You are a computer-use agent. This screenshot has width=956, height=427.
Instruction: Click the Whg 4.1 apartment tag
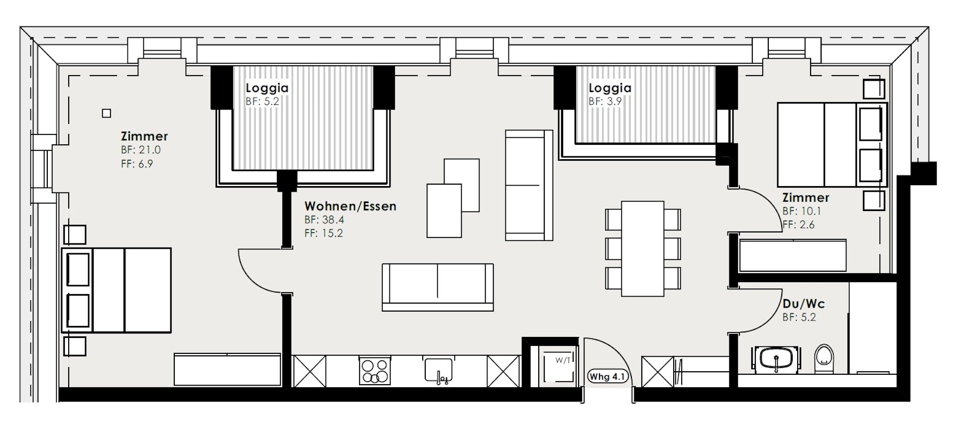tap(607, 376)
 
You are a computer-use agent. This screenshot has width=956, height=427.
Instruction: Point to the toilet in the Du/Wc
tap(824, 358)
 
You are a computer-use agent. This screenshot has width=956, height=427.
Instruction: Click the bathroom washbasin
tap(776, 359)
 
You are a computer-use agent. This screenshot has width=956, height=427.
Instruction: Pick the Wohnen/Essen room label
tap(350, 206)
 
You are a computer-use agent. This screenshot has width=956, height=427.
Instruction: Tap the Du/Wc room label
tap(804, 304)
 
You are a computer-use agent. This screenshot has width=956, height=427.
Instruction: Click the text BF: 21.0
tap(141, 150)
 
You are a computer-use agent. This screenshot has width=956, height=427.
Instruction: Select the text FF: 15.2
tap(324, 233)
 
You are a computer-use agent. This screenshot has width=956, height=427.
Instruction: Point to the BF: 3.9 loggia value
tap(605, 101)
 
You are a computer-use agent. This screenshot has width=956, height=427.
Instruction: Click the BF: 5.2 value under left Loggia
tap(262, 101)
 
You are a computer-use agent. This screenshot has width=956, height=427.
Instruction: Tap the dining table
tap(642, 248)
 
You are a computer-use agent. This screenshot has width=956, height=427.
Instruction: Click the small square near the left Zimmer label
tap(107, 113)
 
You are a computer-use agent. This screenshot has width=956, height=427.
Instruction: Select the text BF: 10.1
tap(802, 211)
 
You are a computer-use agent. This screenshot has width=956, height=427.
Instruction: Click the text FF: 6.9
tap(137, 164)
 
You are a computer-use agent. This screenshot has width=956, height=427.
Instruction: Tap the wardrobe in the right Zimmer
tap(793, 256)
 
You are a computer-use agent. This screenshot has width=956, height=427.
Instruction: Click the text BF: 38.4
tap(324, 219)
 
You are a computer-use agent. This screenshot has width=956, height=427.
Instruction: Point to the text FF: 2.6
tap(798, 224)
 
